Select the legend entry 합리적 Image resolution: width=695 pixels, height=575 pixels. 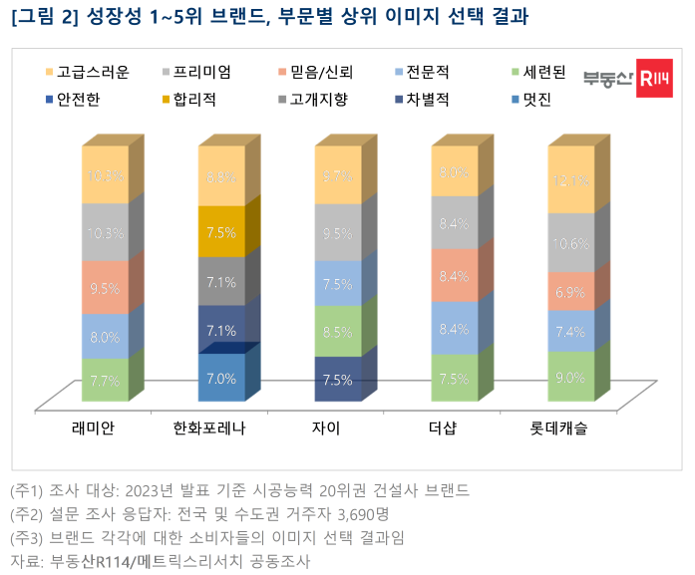(x=193, y=99)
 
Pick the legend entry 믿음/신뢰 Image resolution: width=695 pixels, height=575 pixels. (x=317, y=72)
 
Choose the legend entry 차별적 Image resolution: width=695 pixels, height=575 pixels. (x=427, y=99)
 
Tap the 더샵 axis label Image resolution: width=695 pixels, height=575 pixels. (x=452, y=430)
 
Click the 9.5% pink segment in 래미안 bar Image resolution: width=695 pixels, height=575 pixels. (x=105, y=288)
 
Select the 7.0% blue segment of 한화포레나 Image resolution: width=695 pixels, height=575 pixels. (x=221, y=379)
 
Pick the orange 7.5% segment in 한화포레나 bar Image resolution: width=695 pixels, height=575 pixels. (x=221, y=232)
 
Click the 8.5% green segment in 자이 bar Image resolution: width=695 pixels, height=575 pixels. (x=337, y=331)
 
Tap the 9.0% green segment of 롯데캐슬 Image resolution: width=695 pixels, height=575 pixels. (x=568, y=377)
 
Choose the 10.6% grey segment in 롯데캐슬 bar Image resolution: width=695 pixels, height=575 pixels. (x=568, y=242)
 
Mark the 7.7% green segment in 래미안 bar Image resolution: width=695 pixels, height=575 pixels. (x=105, y=380)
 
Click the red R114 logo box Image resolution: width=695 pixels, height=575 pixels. (x=655, y=79)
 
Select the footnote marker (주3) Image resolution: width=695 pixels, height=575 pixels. (x=27, y=538)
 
